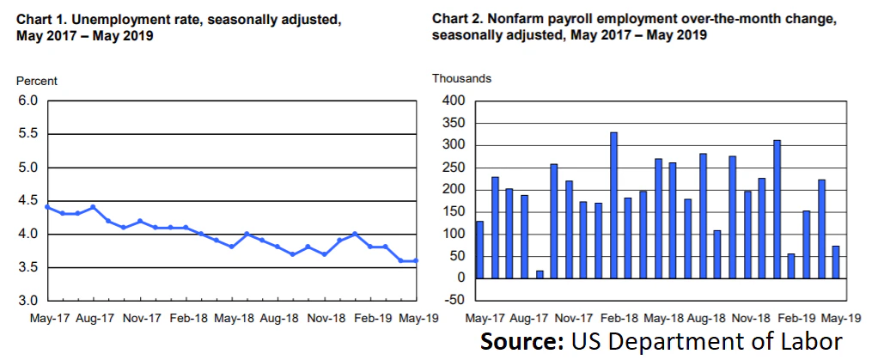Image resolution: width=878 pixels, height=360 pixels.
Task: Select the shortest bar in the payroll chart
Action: tap(539, 274)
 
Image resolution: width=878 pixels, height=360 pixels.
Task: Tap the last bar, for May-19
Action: tap(834, 262)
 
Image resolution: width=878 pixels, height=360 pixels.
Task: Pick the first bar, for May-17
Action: tap(479, 249)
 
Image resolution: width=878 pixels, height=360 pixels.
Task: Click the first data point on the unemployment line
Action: tap(47, 207)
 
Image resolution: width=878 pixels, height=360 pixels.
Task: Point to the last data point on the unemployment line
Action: tap(417, 260)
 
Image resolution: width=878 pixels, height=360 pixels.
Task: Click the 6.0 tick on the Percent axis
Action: tap(27, 101)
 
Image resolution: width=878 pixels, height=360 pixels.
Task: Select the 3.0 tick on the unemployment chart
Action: tap(27, 301)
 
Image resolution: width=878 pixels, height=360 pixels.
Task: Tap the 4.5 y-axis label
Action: tap(27, 201)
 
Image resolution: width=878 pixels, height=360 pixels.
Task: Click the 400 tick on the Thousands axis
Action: tap(453, 101)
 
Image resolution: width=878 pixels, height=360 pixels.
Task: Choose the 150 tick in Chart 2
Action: tap(453, 211)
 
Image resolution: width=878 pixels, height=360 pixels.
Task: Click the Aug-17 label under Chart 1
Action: tap(95, 318)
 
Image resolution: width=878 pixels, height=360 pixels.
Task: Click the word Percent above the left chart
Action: tap(37, 81)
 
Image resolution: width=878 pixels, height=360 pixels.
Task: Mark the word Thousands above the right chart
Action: tap(461, 78)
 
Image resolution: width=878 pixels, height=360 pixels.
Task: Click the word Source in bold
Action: tap(521, 342)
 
